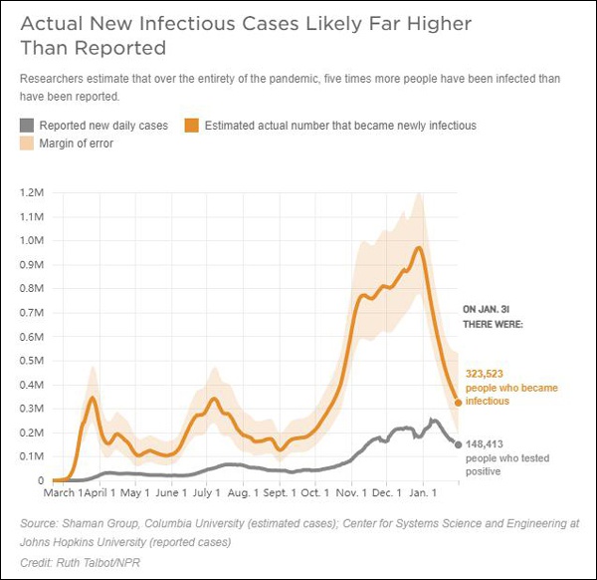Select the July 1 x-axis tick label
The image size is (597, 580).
(206, 492)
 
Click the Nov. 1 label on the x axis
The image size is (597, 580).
(351, 492)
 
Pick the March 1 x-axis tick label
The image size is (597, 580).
(62, 492)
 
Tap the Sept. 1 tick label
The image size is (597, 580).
(280, 492)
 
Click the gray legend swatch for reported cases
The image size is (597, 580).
(27, 126)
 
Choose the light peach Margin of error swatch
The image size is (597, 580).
(27, 144)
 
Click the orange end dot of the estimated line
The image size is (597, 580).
(458, 403)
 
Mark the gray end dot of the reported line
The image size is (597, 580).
(458, 444)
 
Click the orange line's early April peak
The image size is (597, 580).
(93, 399)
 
